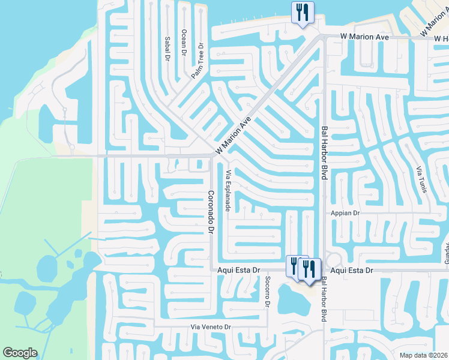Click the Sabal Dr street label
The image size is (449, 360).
[167, 48]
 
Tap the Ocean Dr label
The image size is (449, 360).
[184, 41]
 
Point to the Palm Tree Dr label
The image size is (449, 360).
[198, 61]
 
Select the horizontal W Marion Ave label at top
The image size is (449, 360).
[364, 37]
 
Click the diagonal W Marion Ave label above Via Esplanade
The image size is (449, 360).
[233, 136]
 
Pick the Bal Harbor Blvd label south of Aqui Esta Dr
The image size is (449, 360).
[324, 299]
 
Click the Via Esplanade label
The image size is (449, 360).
[228, 190]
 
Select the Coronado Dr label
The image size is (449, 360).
[211, 212]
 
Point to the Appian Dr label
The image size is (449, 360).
[345, 213]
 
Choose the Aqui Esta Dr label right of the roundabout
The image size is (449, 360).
[352, 271]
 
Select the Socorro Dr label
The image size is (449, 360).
[267, 293]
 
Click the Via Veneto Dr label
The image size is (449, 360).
[211, 326]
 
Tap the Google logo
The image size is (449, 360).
[20, 353]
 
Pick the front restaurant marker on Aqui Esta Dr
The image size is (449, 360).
[309, 268]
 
